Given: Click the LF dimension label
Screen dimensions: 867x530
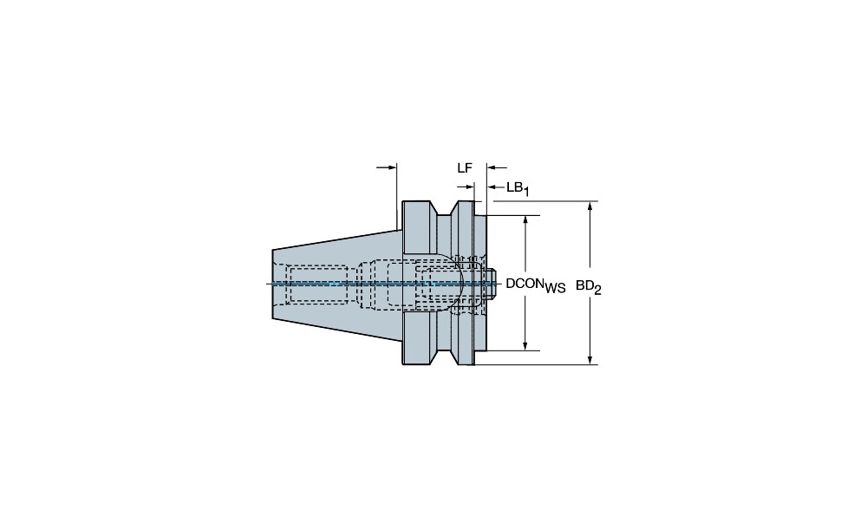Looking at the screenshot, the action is pyautogui.click(x=465, y=168).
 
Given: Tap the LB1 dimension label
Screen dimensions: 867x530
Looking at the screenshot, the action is pyautogui.click(x=518, y=188).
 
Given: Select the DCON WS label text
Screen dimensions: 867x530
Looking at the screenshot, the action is pyautogui.click(x=536, y=285).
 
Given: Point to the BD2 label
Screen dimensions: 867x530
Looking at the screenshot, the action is pyautogui.click(x=589, y=286).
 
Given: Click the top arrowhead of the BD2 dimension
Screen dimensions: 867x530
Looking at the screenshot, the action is pyautogui.click(x=590, y=206).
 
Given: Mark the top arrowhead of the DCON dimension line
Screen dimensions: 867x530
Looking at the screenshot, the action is pyautogui.click(x=525, y=220).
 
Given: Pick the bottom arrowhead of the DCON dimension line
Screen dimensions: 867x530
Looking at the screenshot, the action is pyautogui.click(x=525, y=345).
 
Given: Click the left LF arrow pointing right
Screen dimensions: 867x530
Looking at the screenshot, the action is pyautogui.click(x=387, y=167).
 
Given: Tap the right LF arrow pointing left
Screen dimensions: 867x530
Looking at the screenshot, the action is pyautogui.click(x=497, y=167).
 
